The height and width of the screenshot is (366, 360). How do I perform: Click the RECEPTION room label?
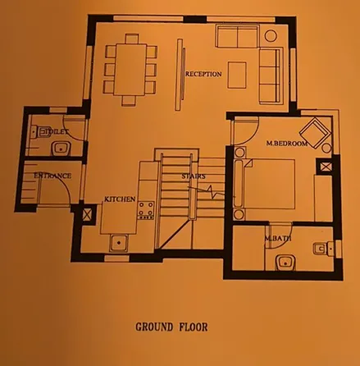203,75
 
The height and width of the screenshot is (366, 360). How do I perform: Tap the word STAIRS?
194,176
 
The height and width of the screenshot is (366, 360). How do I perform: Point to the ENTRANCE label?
52,176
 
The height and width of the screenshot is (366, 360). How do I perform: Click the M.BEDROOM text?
287,144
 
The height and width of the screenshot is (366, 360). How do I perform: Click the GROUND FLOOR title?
171,327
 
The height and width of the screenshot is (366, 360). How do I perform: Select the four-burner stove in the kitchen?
147,210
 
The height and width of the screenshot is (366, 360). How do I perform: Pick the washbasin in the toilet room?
60,149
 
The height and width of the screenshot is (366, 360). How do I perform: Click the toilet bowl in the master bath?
322,248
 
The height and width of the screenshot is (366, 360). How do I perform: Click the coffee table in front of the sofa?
237,74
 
